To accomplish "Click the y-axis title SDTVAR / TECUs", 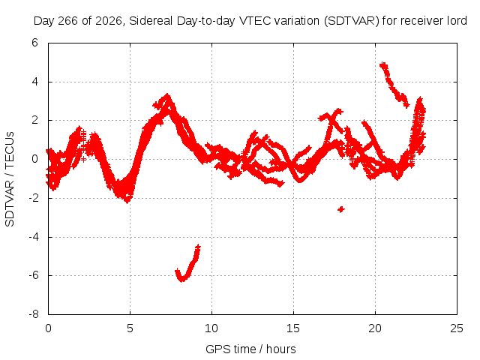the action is tap(10, 179).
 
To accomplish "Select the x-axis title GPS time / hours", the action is tap(250, 349).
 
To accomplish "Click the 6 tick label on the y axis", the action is tap(34, 43).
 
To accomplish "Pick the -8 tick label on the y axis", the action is tap(34, 314).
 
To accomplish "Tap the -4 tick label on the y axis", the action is tap(34, 237).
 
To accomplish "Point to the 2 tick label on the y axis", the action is tap(34, 120).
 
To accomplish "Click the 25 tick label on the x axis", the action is tap(457, 328).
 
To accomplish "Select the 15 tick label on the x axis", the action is tap(293, 328).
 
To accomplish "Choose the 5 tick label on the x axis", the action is tap(130, 328).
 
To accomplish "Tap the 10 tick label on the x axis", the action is tap(211, 328).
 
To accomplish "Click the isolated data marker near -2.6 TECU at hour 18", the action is tap(341, 209).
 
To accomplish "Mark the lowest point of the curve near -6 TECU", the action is tap(181, 279).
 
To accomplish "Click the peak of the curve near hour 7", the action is tap(167, 95).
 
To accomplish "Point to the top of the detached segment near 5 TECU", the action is tap(383, 64).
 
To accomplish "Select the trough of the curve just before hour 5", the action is tap(127, 202).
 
